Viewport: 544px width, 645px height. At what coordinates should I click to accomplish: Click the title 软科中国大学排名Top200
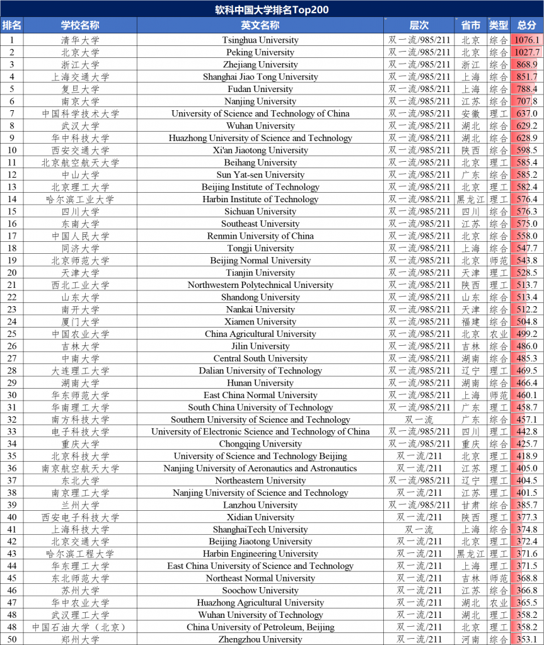272,9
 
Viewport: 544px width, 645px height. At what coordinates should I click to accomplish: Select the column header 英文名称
260,25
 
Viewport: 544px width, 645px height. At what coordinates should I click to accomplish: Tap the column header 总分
527,25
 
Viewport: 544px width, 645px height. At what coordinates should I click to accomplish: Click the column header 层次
419,25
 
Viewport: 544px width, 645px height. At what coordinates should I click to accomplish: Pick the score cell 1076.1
527,40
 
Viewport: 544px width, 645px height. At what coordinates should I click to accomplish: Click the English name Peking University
260,52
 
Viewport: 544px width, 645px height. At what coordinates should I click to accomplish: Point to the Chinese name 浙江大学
80,64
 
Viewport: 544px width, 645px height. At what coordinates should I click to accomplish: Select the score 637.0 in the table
527,113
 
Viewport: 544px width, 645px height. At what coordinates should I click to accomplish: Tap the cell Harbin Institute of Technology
260,199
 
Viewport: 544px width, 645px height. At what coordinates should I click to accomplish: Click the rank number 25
12,334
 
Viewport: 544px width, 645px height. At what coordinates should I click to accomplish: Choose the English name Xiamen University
260,321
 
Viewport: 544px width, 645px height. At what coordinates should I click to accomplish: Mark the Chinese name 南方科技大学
80,420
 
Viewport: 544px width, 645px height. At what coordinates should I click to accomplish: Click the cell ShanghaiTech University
260,529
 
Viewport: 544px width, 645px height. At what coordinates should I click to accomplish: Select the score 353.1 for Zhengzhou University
527,639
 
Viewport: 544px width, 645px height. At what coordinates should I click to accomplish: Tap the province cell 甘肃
470,505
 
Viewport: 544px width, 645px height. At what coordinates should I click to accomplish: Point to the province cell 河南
470,639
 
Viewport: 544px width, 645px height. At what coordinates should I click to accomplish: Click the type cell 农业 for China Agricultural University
499,334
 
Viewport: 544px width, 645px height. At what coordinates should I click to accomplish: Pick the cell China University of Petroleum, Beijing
260,627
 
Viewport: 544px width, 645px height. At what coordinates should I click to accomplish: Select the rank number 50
12,639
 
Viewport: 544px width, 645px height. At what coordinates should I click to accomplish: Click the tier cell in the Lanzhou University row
419,505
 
